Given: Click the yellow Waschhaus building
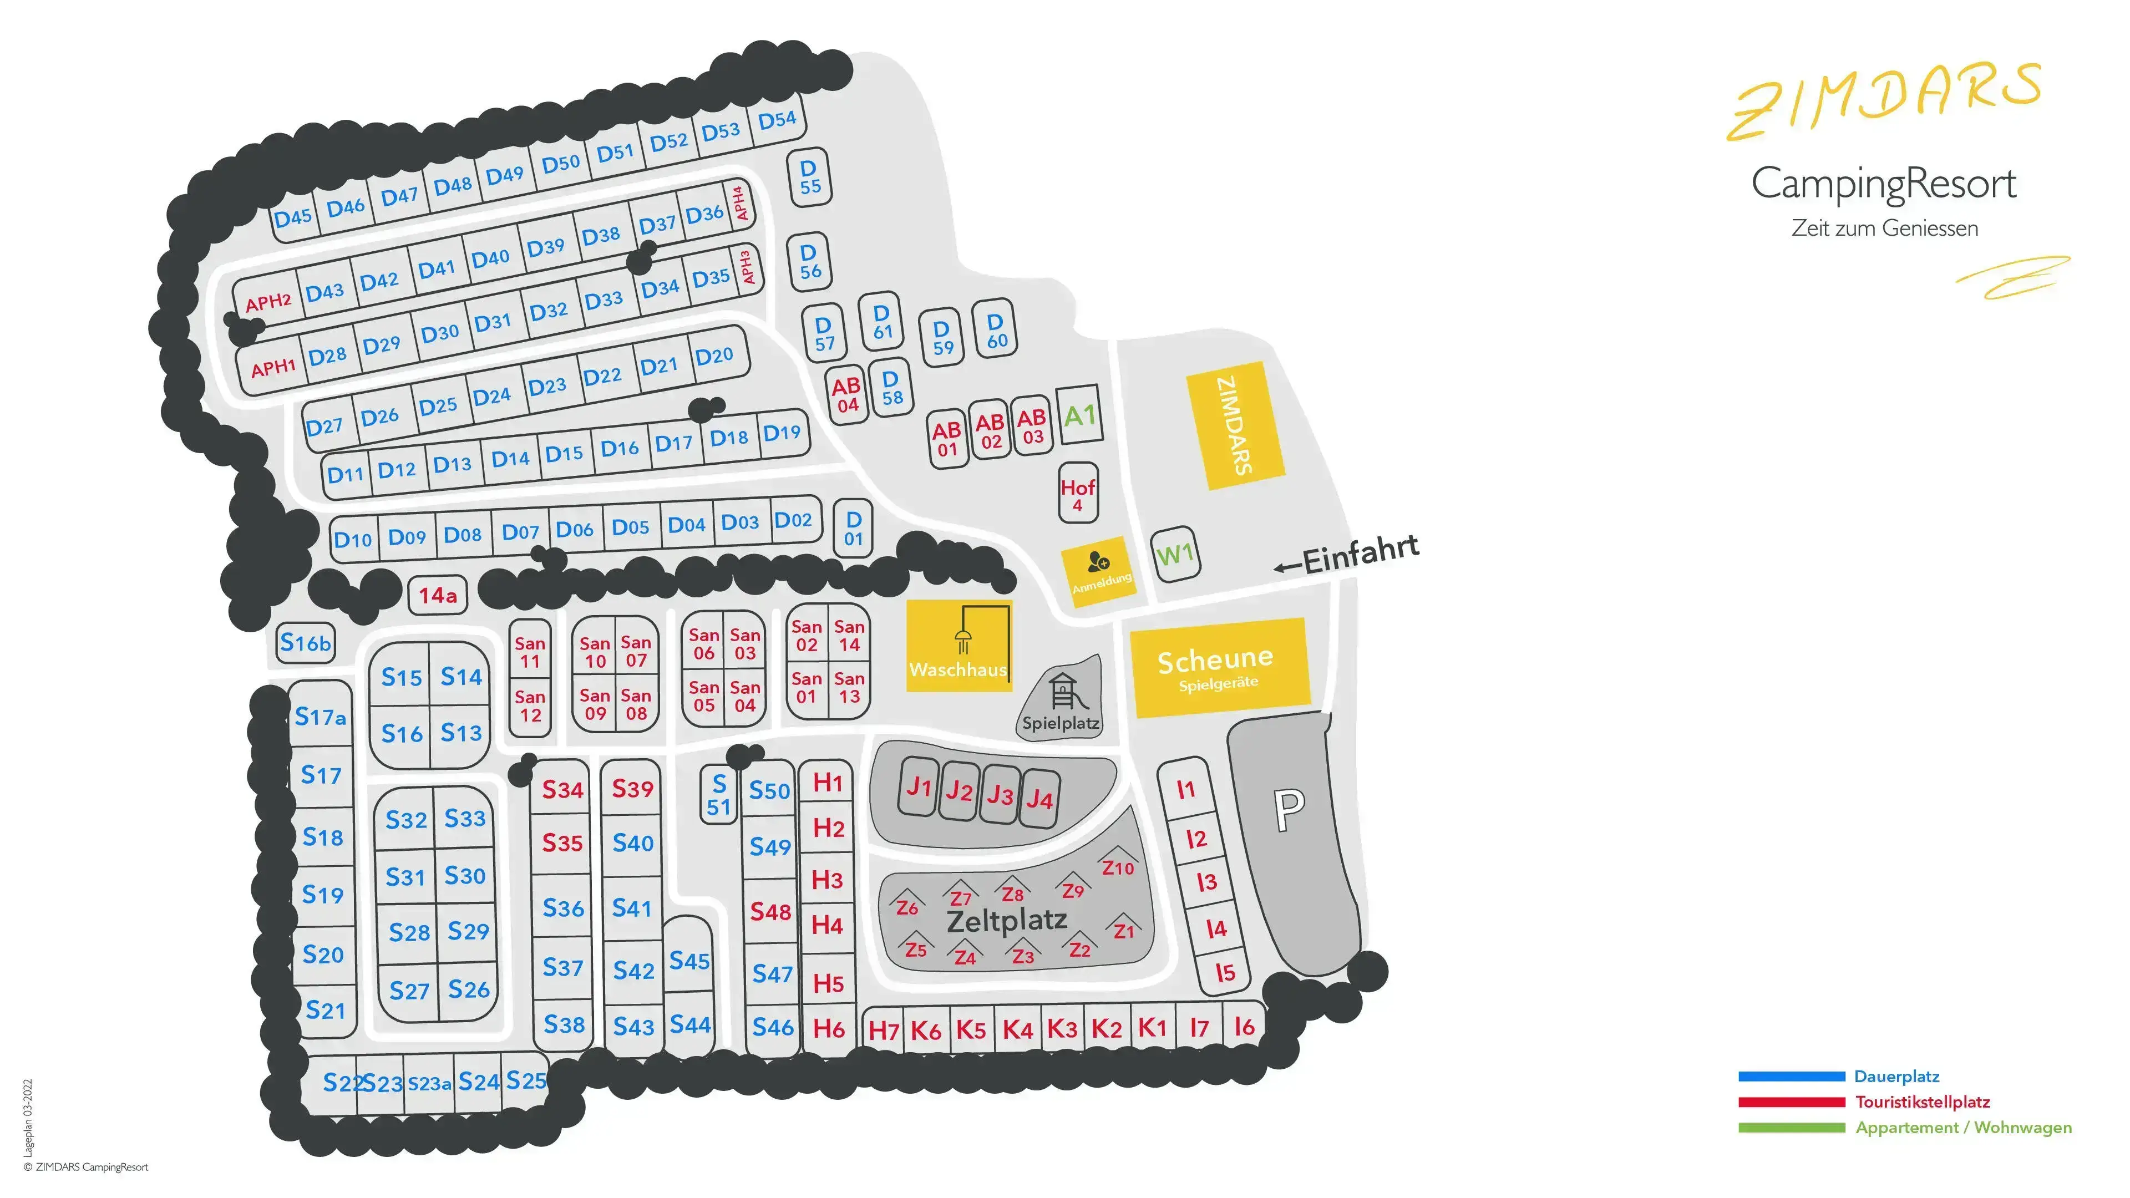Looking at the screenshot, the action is click(959, 646).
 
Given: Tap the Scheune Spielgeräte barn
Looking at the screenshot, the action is click(1220, 667).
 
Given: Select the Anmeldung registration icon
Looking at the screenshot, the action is click(1099, 562).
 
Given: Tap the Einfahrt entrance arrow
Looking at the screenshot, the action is click(1287, 567).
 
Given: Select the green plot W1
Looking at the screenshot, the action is click(1174, 553).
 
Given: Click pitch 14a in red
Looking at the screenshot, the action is click(438, 595).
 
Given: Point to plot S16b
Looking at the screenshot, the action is click(305, 642).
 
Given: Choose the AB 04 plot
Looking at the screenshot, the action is click(846, 394).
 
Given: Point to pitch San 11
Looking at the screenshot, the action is click(530, 652).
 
